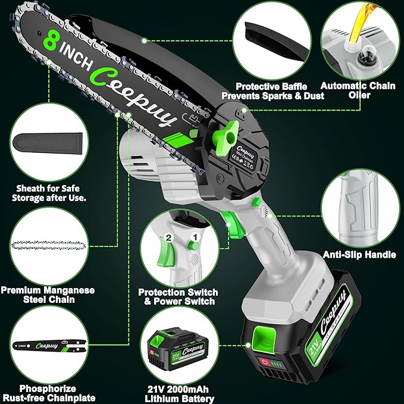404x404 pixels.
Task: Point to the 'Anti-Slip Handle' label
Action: coord(367,255)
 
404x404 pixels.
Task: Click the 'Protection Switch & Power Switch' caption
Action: coord(178,297)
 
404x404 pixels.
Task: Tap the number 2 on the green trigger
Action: coord(169,238)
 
